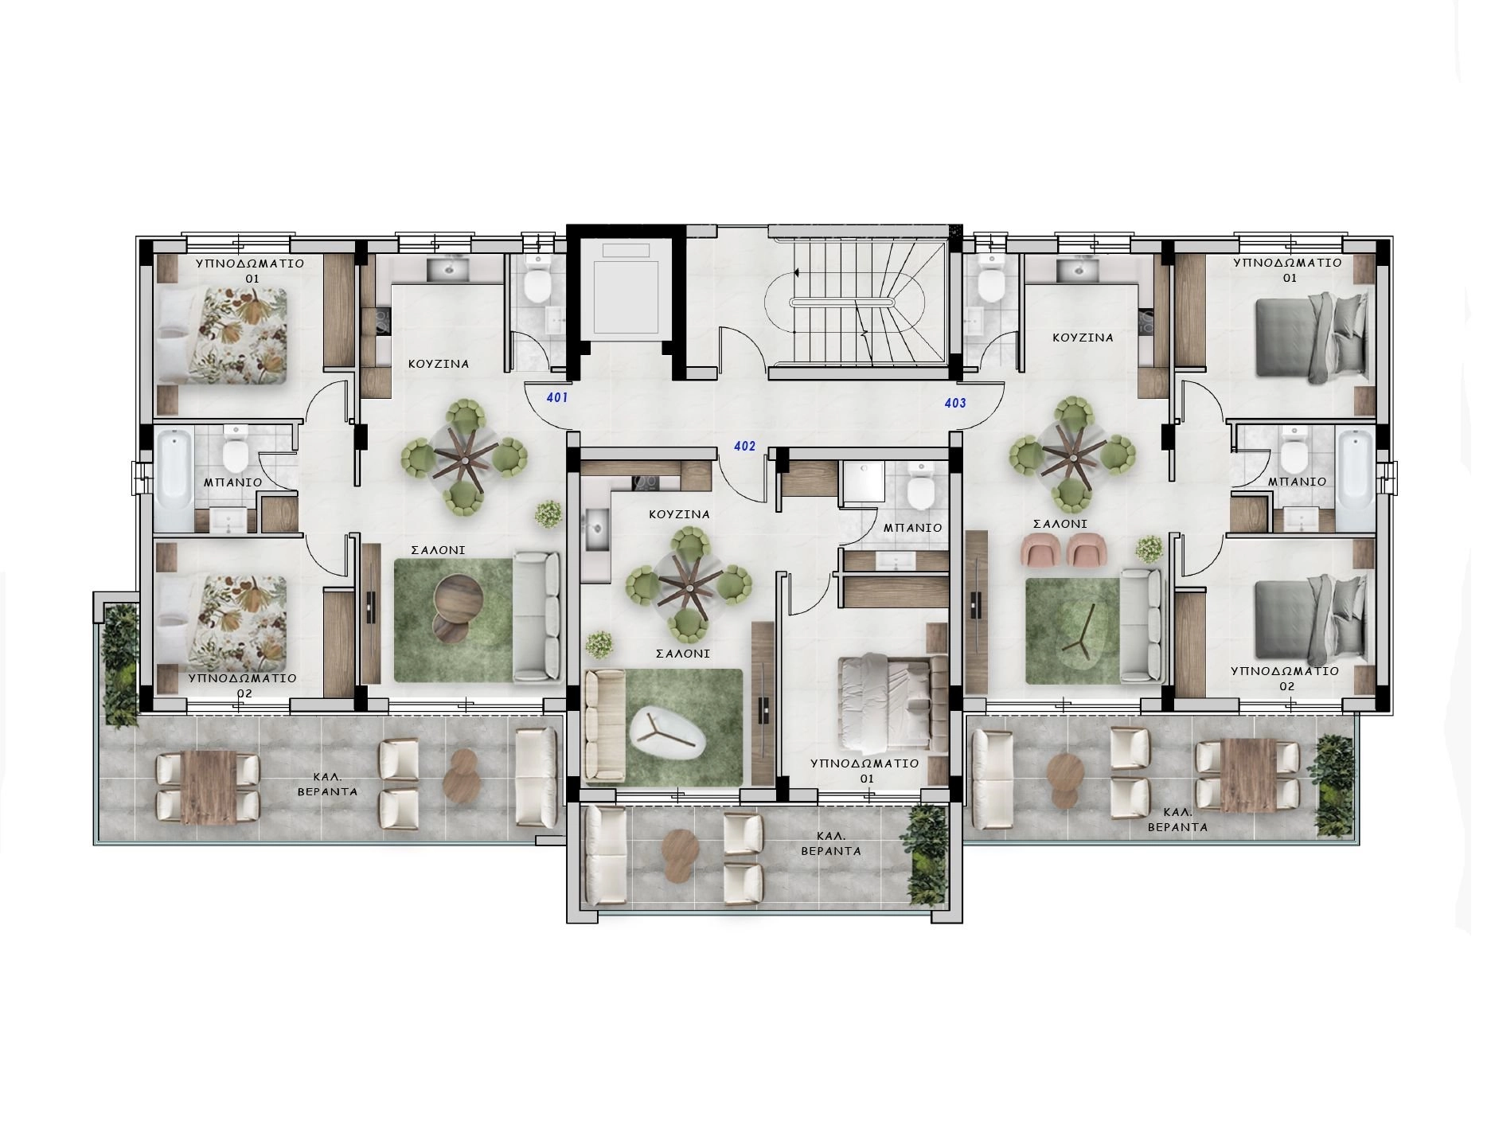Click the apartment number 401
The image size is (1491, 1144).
[x=557, y=396]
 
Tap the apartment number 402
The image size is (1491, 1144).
[x=744, y=447]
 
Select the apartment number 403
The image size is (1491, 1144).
[x=955, y=403]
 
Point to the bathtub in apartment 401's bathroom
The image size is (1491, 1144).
[x=173, y=481]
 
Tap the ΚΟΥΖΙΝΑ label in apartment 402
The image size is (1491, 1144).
[x=679, y=514]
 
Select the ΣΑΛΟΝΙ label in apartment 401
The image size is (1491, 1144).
[x=439, y=550]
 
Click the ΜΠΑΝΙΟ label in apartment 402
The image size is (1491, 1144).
[x=912, y=528]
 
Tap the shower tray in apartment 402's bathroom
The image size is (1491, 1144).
[x=862, y=482]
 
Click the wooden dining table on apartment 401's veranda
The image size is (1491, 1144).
[x=209, y=787]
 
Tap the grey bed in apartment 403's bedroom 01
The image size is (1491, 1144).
[x=1310, y=334]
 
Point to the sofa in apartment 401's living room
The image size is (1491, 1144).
[x=536, y=617]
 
